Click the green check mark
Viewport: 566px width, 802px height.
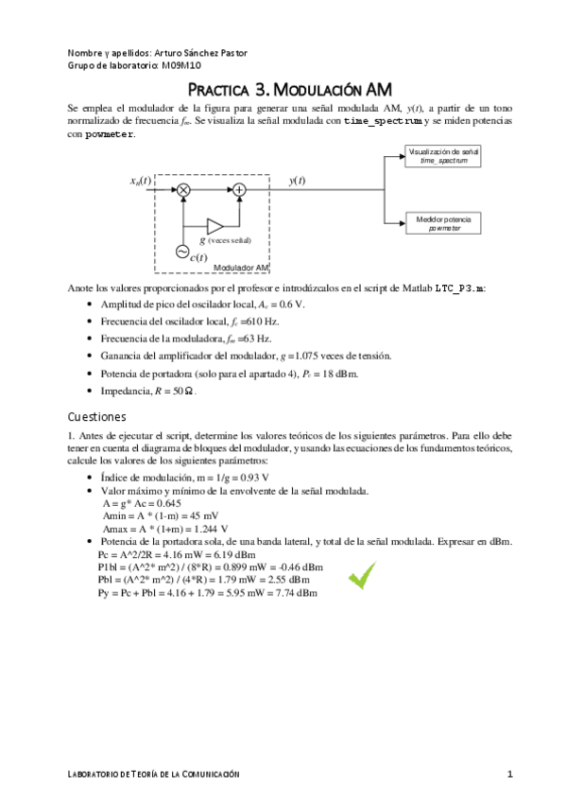tap(360, 576)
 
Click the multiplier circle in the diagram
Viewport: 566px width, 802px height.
tap(184, 190)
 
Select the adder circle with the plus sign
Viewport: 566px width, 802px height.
tap(239, 190)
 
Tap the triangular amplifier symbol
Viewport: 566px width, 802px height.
tap(214, 226)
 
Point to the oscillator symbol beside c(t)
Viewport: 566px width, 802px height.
tap(182, 251)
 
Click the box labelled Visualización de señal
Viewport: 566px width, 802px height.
tap(443, 156)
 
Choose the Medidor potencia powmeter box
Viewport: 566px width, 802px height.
tap(443, 223)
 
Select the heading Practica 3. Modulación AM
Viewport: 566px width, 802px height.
tap(283, 91)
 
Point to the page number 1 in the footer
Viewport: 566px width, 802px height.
tap(509, 775)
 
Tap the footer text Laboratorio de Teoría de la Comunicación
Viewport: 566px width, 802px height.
tap(154, 775)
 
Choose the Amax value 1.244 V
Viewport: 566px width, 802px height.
tap(197, 529)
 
